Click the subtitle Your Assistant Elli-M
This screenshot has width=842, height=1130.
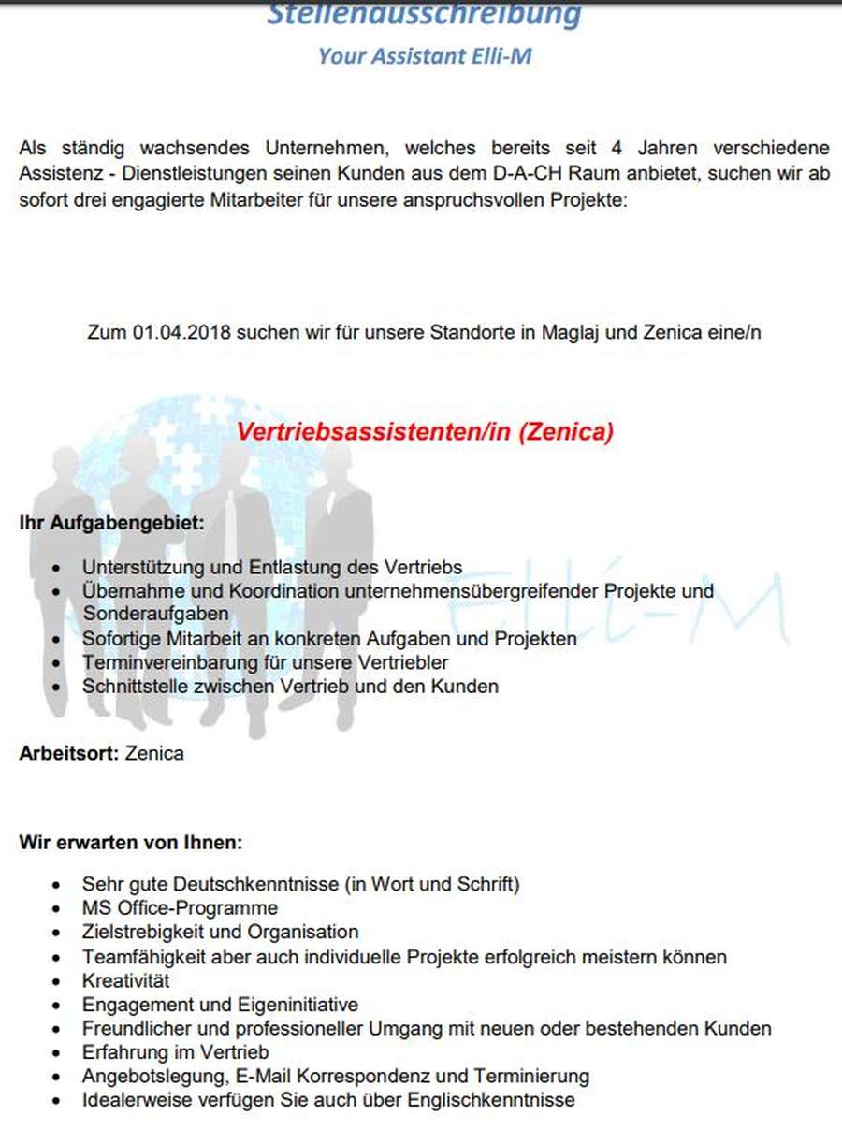pyautogui.click(x=425, y=56)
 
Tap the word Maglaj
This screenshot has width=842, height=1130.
pyautogui.click(x=561, y=332)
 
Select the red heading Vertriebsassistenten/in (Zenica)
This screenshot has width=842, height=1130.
pyautogui.click(x=425, y=432)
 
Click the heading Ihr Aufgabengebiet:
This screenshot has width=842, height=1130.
pyautogui.click(x=111, y=523)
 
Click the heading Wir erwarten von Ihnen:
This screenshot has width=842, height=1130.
pyautogui.click(x=131, y=842)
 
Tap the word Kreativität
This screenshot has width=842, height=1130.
pyautogui.click(x=126, y=981)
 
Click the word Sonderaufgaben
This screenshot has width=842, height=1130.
pyautogui.click(x=155, y=614)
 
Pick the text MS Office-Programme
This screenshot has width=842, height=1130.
pyautogui.click(x=180, y=907)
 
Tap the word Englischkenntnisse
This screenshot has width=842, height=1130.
pyautogui.click(x=495, y=1099)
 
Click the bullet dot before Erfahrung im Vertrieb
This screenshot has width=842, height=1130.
pyautogui.click(x=59, y=1053)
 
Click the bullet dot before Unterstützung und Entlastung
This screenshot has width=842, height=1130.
pyautogui.click(x=59, y=569)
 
